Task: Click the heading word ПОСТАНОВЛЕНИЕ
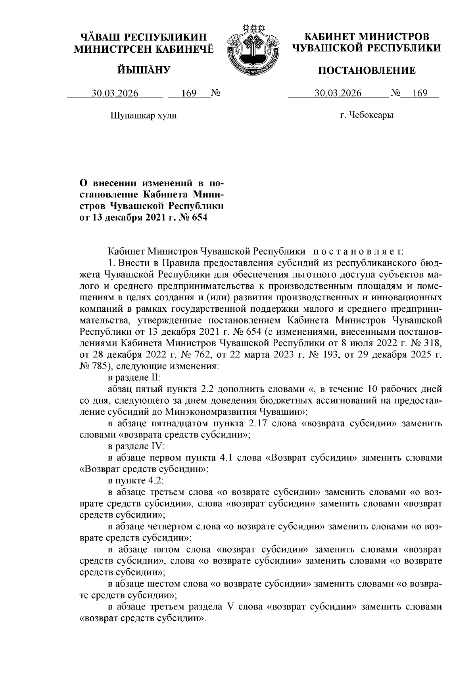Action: pos(367,71)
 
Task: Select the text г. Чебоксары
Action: pos(367,115)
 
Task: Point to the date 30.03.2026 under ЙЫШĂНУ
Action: pos(115,94)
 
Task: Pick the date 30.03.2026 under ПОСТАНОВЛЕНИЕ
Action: pos(338,94)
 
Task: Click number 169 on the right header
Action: pos(420,94)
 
